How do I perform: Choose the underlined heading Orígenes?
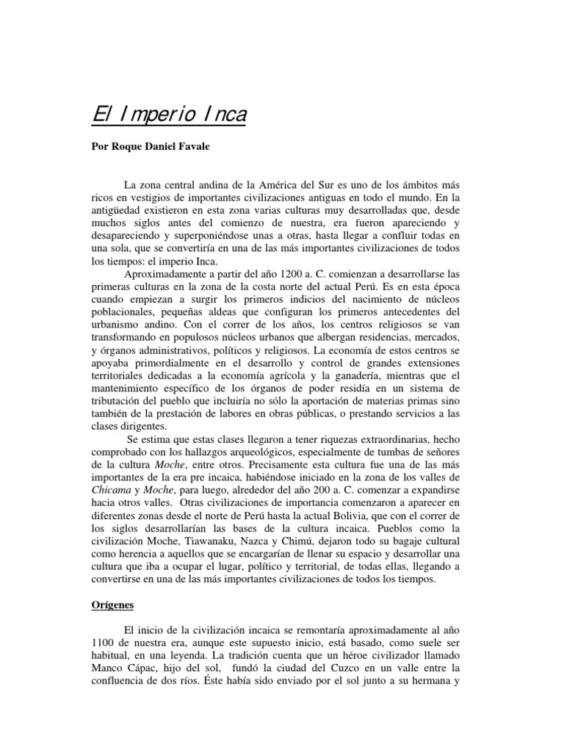click(112, 606)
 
